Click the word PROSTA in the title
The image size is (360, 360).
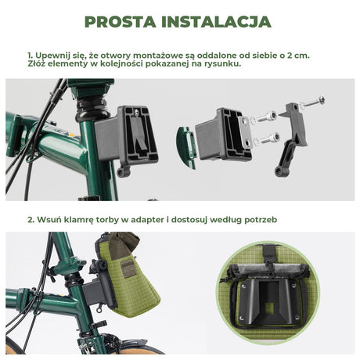point(123,21)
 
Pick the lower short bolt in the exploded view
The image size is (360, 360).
point(269,140)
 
